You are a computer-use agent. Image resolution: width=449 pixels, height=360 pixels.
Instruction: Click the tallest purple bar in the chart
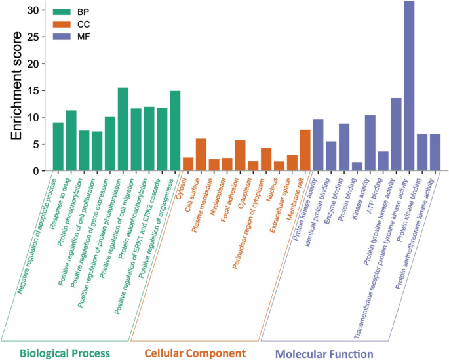(x=408, y=85)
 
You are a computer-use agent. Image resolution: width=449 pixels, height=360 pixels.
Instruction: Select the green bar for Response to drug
(x=71, y=140)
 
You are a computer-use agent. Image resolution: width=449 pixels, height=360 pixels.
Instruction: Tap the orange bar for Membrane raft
(x=305, y=150)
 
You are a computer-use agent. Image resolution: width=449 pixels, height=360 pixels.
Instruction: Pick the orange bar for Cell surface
(x=201, y=155)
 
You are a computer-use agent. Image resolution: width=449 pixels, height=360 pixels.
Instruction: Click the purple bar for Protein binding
(x=357, y=167)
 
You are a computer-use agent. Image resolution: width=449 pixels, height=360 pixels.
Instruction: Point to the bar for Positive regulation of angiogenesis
(x=175, y=130)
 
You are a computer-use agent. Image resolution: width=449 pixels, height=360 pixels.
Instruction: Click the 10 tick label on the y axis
(x=34, y=117)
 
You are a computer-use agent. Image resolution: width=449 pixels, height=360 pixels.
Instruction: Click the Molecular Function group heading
(x=324, y=353)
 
